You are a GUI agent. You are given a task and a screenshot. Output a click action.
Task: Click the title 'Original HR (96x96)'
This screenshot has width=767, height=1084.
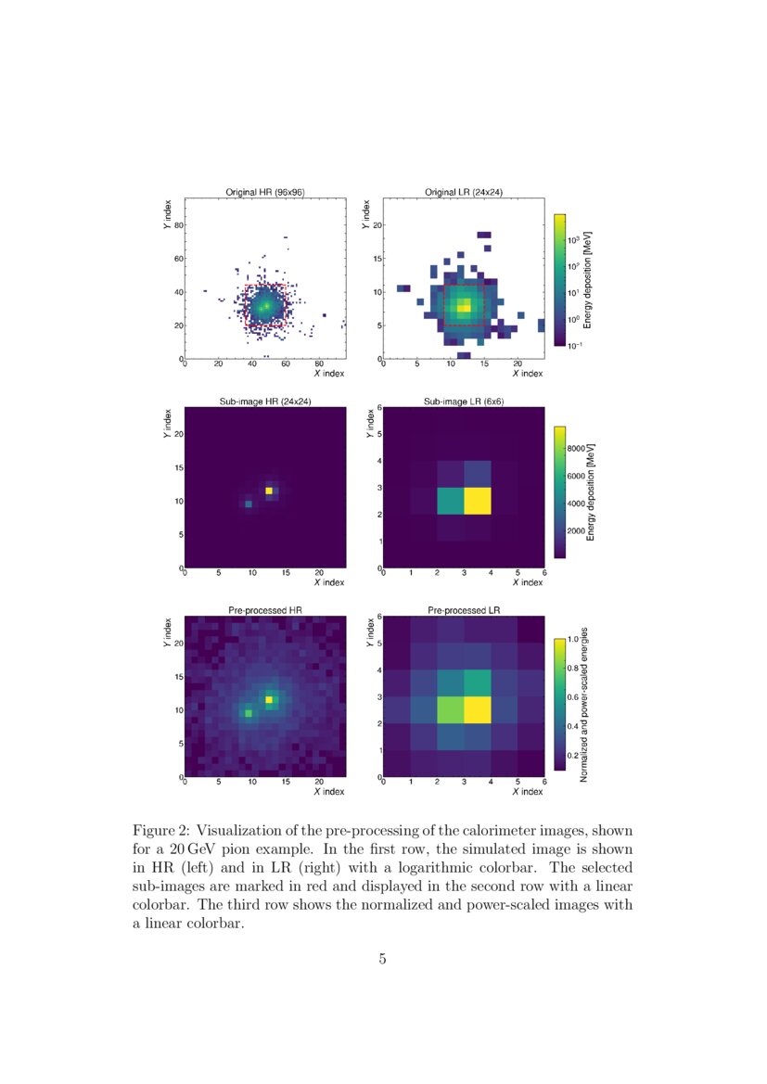pos(265,192)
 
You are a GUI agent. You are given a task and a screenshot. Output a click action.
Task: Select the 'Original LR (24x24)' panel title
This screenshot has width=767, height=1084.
pos(463,192)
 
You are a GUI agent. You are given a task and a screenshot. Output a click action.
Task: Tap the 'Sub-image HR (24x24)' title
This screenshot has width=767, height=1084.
pos(265,402)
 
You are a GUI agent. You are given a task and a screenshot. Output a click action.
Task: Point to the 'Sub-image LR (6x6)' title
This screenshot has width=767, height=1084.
pos(463,402)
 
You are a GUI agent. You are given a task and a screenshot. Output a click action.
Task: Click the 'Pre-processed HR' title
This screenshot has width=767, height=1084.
pos(265,609)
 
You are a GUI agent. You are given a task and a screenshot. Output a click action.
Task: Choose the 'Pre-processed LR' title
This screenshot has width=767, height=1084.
pos(463,609)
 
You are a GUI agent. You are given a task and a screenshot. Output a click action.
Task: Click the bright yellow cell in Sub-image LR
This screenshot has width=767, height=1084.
pos(477,501)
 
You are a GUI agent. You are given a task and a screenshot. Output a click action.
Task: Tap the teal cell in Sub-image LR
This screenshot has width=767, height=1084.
pos(450,501)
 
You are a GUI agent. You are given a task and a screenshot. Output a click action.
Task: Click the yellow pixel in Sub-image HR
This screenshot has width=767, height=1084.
pos(269,491)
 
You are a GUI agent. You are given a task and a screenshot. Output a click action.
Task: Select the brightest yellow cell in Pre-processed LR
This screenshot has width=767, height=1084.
pos(477,710)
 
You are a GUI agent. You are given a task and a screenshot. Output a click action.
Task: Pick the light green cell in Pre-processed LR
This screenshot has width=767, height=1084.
pos(450,710)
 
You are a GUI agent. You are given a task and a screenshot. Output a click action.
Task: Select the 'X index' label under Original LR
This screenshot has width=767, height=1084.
pos(526,373)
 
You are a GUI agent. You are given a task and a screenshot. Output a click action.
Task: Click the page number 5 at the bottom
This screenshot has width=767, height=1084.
pos(382,959)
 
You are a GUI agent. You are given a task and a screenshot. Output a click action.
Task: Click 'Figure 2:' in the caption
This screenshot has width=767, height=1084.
pos(162,829)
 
